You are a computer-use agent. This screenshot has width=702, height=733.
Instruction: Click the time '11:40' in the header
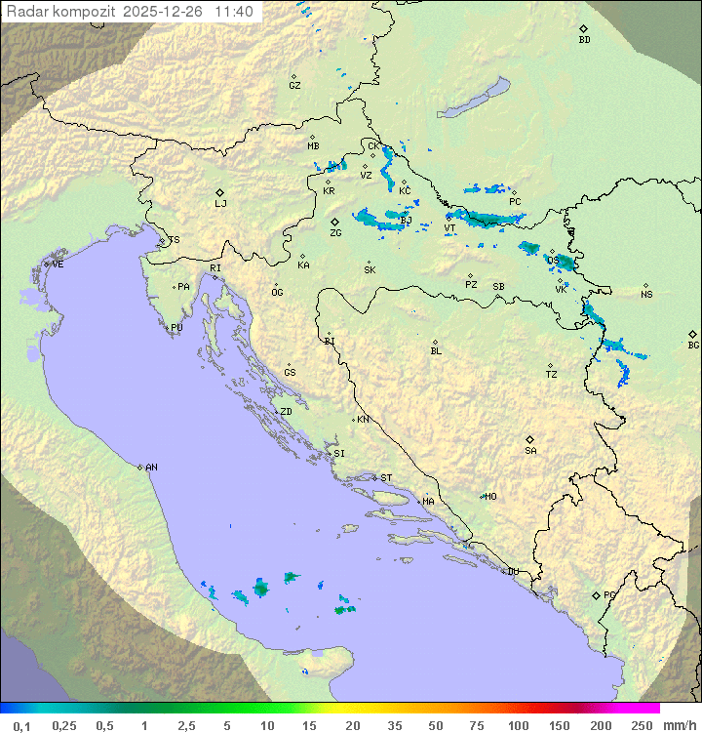(234, 12)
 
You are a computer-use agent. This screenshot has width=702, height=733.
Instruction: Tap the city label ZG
(335, 233)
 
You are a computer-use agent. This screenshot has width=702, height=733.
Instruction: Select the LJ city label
(220, 204)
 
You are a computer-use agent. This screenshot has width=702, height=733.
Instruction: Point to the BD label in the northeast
(584, 40)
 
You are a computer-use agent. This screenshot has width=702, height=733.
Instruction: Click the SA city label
(530, 451)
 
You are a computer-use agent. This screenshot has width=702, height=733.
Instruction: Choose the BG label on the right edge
(693, 346)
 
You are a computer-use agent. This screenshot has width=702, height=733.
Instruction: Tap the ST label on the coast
(386, 478)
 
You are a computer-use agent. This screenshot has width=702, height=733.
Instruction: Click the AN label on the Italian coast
(151, 468)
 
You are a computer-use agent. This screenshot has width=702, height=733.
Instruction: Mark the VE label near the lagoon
(58, 265)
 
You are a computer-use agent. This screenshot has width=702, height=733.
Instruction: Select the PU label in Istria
(176, 328)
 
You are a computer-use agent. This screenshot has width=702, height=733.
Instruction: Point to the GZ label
(294, 86)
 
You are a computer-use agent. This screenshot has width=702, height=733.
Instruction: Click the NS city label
(646, 295)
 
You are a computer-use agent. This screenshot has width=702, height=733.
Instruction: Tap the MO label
(490, 497)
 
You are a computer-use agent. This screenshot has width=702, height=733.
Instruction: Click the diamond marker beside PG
(596, 594)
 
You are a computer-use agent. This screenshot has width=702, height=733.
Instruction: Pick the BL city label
(436, 351)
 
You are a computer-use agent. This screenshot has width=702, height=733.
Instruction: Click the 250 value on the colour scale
(642, 724)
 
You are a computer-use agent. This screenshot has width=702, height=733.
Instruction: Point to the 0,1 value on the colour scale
(21, 724)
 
